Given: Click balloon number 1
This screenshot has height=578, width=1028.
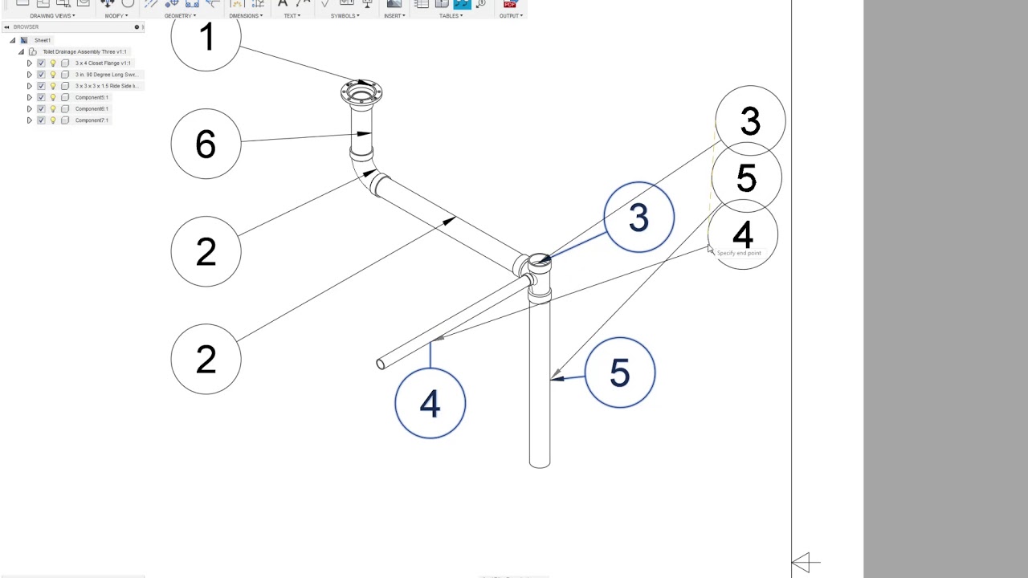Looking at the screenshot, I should (x=206, y=38).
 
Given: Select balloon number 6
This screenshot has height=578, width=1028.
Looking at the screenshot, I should (x=206, y=144).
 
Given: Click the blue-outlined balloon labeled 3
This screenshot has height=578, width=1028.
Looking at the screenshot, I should (x=638, y=218).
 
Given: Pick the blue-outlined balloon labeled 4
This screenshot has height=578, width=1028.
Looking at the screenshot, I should (x=430, y=403).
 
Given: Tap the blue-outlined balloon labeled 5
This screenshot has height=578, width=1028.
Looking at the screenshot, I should (x=620, y=372).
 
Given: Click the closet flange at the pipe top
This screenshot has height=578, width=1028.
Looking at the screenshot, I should (x=361, y=93).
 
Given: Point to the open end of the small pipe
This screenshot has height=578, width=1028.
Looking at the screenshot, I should (x=381, y=364).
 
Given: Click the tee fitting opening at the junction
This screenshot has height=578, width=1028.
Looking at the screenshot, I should (x=539, y=261).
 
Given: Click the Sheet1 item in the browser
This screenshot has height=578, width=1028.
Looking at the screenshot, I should (x=43, y=40).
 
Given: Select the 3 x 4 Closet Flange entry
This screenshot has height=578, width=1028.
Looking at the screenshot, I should (x=103, y=63).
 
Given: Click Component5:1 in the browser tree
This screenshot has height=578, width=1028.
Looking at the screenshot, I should (x=92, y=97).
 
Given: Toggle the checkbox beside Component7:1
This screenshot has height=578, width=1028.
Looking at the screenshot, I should (x=41, y=120).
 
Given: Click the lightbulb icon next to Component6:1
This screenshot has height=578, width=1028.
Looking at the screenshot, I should (x=53, y=109).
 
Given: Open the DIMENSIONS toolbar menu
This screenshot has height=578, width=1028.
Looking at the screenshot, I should (x=245, y=15).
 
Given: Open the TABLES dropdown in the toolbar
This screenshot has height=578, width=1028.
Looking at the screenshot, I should (x=451, y=15).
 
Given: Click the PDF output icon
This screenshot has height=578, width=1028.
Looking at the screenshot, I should (x=510, y=4).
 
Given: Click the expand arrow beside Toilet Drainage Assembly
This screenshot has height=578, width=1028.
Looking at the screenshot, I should (x=22, y=52).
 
